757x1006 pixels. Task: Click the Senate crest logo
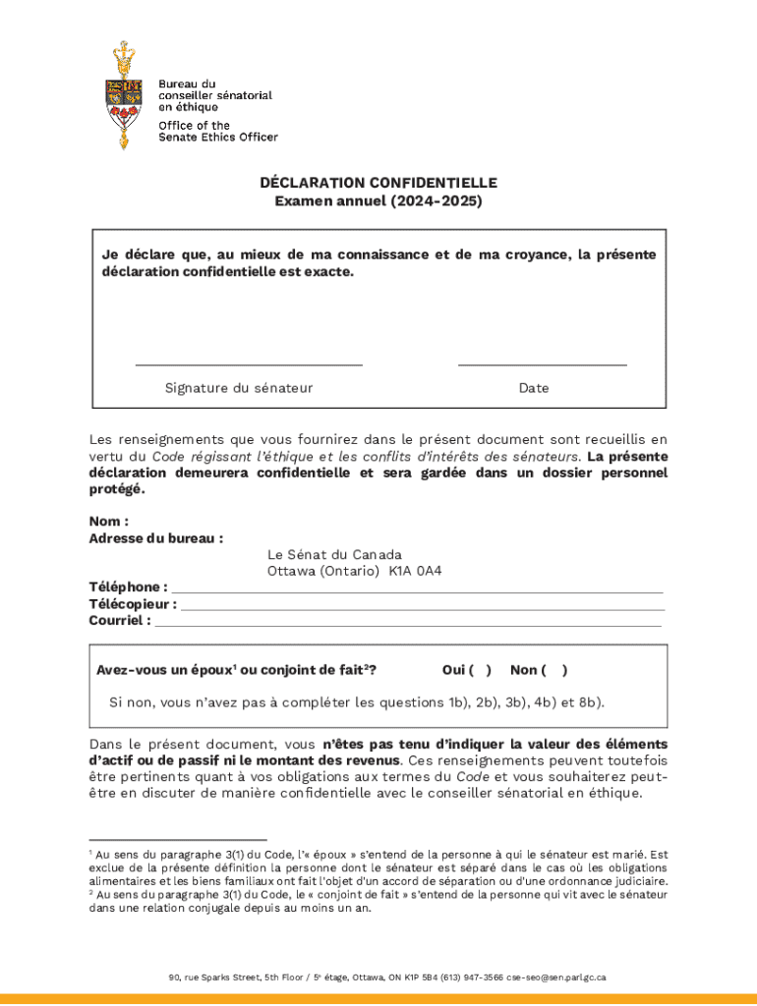tap(123, 95)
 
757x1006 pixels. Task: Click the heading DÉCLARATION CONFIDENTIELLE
tap(378, 183)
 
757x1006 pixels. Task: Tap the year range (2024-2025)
tap(437, 201)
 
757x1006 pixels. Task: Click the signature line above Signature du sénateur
tap(249, 364)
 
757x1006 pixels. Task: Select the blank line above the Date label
tap(542, 364)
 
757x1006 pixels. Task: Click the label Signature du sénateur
tap(239, 388)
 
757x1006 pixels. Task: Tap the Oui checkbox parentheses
tap(480, 670)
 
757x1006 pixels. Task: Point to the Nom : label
tap(109, 522)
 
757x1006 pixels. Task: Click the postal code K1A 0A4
tap(415, 571)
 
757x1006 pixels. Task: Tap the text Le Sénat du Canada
tap(334, 554)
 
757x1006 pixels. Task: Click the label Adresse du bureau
tap(155, 538)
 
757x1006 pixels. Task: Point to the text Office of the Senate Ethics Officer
tap(218, 131)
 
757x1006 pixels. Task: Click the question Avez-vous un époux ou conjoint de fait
tap(237, 670)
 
